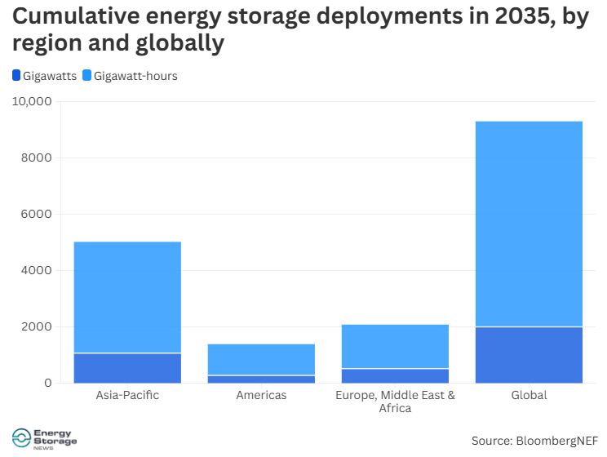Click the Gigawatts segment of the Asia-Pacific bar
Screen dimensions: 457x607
127,368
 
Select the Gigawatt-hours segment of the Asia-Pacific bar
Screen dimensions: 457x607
127,297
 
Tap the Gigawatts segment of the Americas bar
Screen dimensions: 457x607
261,379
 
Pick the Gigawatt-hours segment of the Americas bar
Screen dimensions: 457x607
261,359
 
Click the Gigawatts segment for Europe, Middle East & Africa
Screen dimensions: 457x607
395,375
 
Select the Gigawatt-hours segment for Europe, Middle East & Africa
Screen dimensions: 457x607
395,346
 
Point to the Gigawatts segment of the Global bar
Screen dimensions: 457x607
529,355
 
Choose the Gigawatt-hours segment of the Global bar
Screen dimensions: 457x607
529,224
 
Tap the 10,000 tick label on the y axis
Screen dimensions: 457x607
32,102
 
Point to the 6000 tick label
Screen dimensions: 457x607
37,214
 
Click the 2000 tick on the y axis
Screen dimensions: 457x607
37,326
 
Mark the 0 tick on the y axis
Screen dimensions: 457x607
47,383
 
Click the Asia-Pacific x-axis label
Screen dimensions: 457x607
127,395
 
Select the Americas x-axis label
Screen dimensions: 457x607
261,395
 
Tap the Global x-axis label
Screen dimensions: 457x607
529,395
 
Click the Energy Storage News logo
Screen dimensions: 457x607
46,439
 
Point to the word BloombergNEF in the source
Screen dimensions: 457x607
557,441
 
